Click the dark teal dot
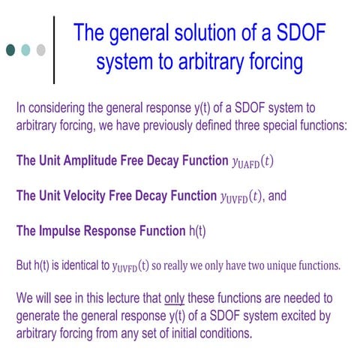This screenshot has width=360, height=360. [x=10, y=50]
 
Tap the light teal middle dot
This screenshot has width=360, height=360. [x=25, y=50]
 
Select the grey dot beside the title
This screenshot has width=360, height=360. [x=40, y=50]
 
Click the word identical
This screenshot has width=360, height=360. [x=87, y=265]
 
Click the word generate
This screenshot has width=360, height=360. [x=40, y=316]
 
